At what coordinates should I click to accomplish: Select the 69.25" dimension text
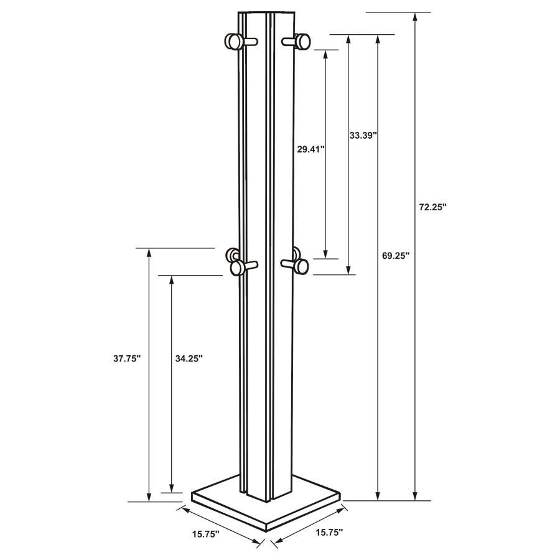[395, 256]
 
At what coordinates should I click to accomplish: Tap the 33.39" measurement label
[363, 134]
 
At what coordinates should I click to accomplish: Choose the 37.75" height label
[127, 358]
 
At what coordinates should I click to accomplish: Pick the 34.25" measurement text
[189, 358]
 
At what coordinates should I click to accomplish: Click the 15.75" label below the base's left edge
[206, 533]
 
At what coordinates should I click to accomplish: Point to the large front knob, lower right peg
[301, 266]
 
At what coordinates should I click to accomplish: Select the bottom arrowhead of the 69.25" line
[378, 495]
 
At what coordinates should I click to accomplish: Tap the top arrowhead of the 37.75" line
[149, 253]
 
